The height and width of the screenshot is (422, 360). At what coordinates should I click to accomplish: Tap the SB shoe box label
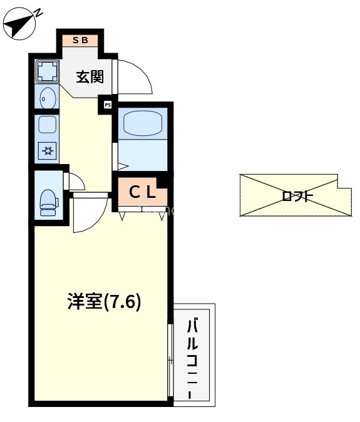(80, 40)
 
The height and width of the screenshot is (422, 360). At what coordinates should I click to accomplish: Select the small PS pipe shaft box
(108, 105)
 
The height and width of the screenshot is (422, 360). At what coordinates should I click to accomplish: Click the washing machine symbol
(46, 71)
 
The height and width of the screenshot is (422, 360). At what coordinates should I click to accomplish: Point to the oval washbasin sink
(46, 98)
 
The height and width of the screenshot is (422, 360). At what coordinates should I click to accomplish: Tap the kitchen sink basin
(47, 125)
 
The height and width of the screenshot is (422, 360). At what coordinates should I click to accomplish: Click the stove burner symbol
(47, 150)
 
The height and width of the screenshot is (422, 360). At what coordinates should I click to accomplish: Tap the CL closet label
(143, 192)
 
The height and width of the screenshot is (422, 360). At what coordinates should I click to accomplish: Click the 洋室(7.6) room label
(104, 302)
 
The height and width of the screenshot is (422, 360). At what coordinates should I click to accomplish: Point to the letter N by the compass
(37, 13)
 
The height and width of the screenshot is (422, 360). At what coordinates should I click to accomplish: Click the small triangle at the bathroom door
(122, 167)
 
